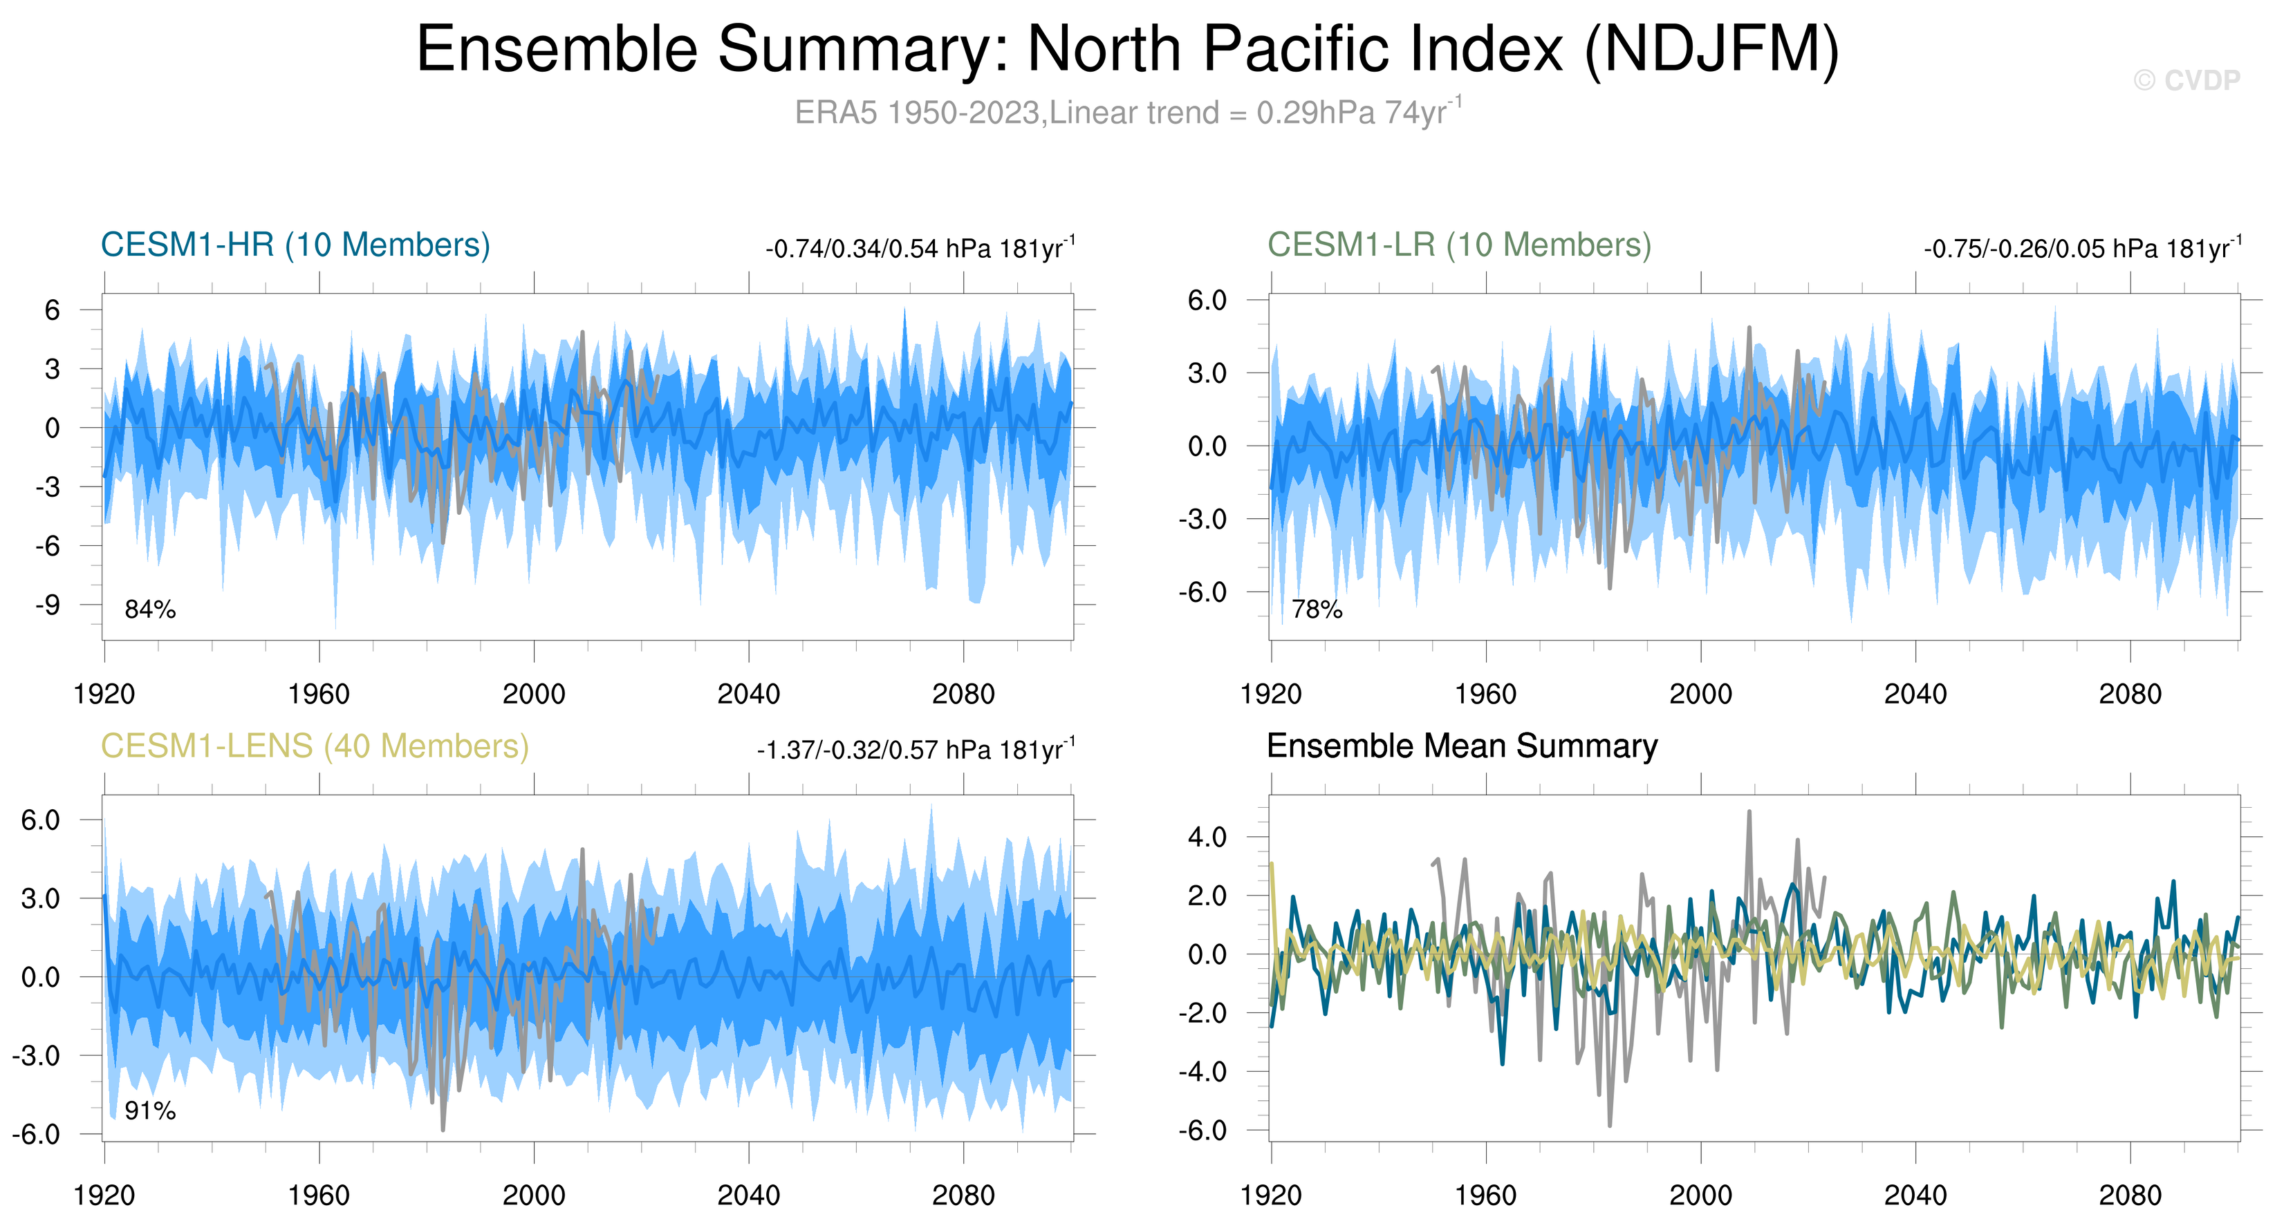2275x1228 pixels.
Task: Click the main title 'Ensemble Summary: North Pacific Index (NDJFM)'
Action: (x=1128, y=50)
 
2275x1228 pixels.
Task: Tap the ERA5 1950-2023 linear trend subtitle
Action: (x=1128, y=113)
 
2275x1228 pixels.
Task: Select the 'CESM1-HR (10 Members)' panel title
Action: (x=295, y=245)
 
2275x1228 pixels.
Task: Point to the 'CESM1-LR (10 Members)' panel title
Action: (x=1459, y=245)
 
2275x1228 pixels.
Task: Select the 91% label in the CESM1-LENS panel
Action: (x=150, y=1111)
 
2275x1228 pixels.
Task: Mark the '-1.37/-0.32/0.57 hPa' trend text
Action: (x=915, y=750)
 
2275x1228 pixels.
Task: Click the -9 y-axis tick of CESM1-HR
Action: (x=48, y=605)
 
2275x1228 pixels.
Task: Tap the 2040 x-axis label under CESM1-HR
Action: (x=748, y=695)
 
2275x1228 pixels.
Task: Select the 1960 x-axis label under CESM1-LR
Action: (x=1485, y=695)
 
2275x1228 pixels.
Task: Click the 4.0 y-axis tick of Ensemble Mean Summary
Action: (x=1207, y=837)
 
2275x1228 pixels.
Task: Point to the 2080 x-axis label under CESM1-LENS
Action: (x=963, y=1196)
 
